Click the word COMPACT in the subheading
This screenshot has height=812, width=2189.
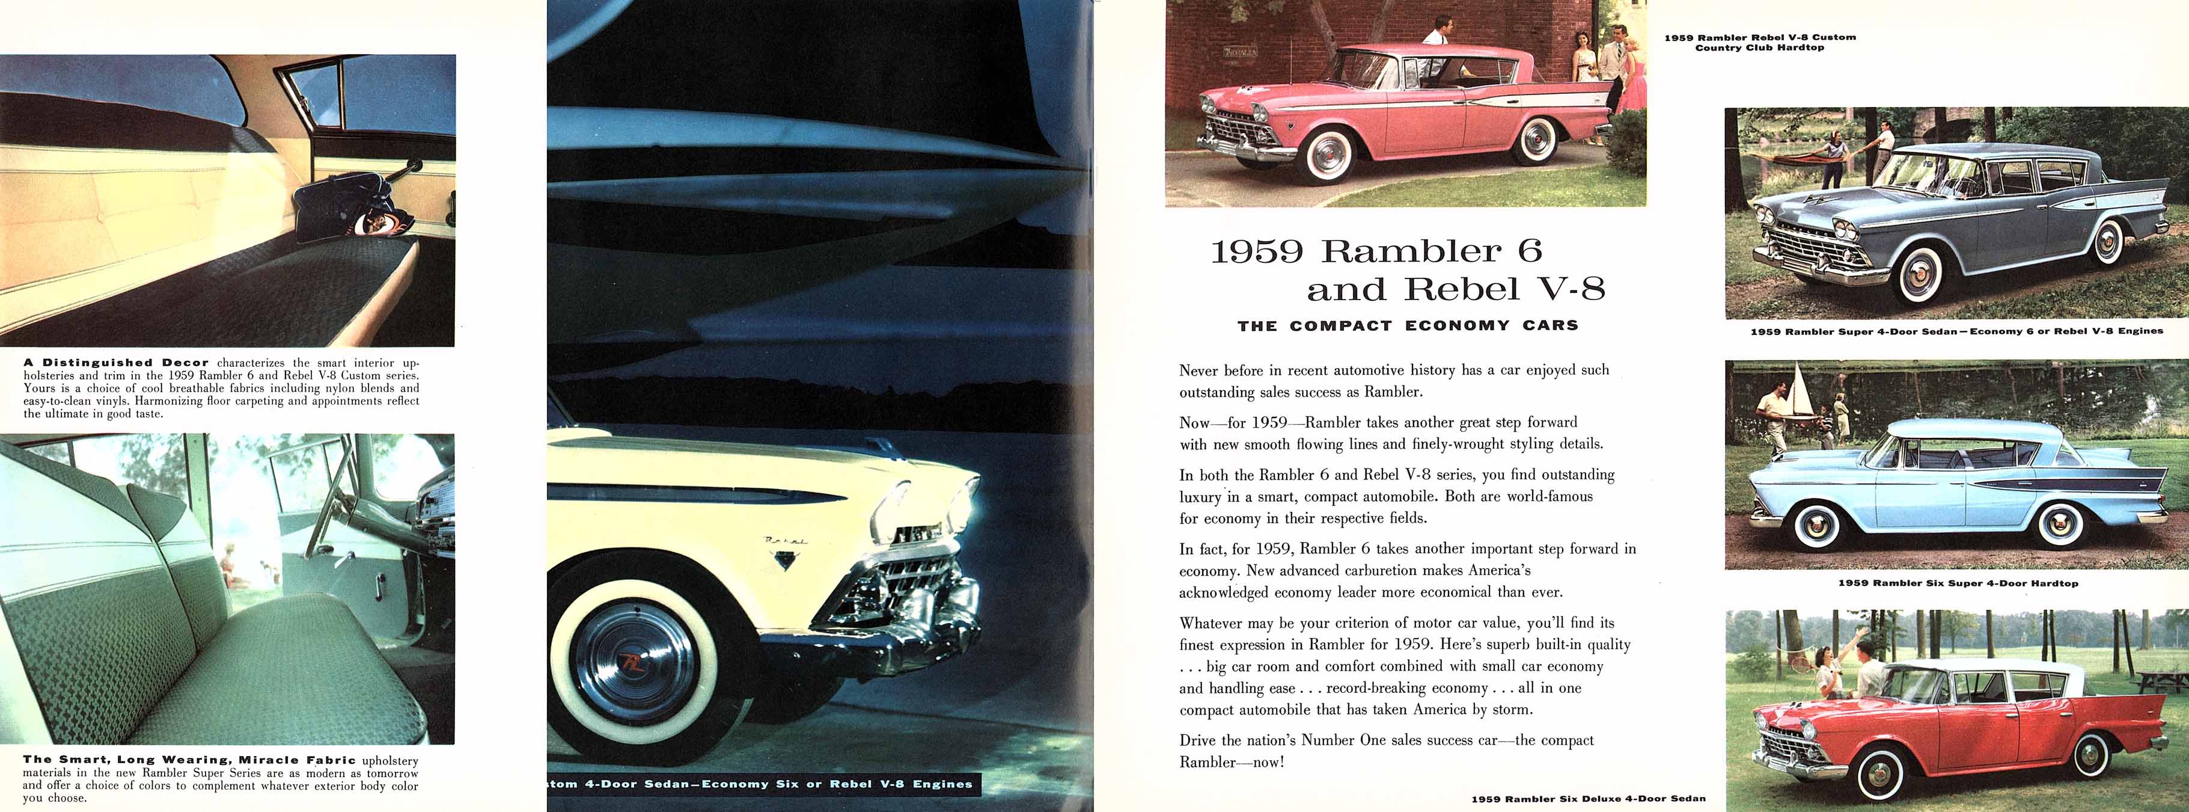[1341, 325]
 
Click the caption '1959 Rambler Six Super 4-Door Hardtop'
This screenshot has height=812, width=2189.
[1958, 583]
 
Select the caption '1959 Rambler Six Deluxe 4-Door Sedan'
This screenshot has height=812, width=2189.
[1588, 798]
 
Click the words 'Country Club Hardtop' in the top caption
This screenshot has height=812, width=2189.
[1759, 48]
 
